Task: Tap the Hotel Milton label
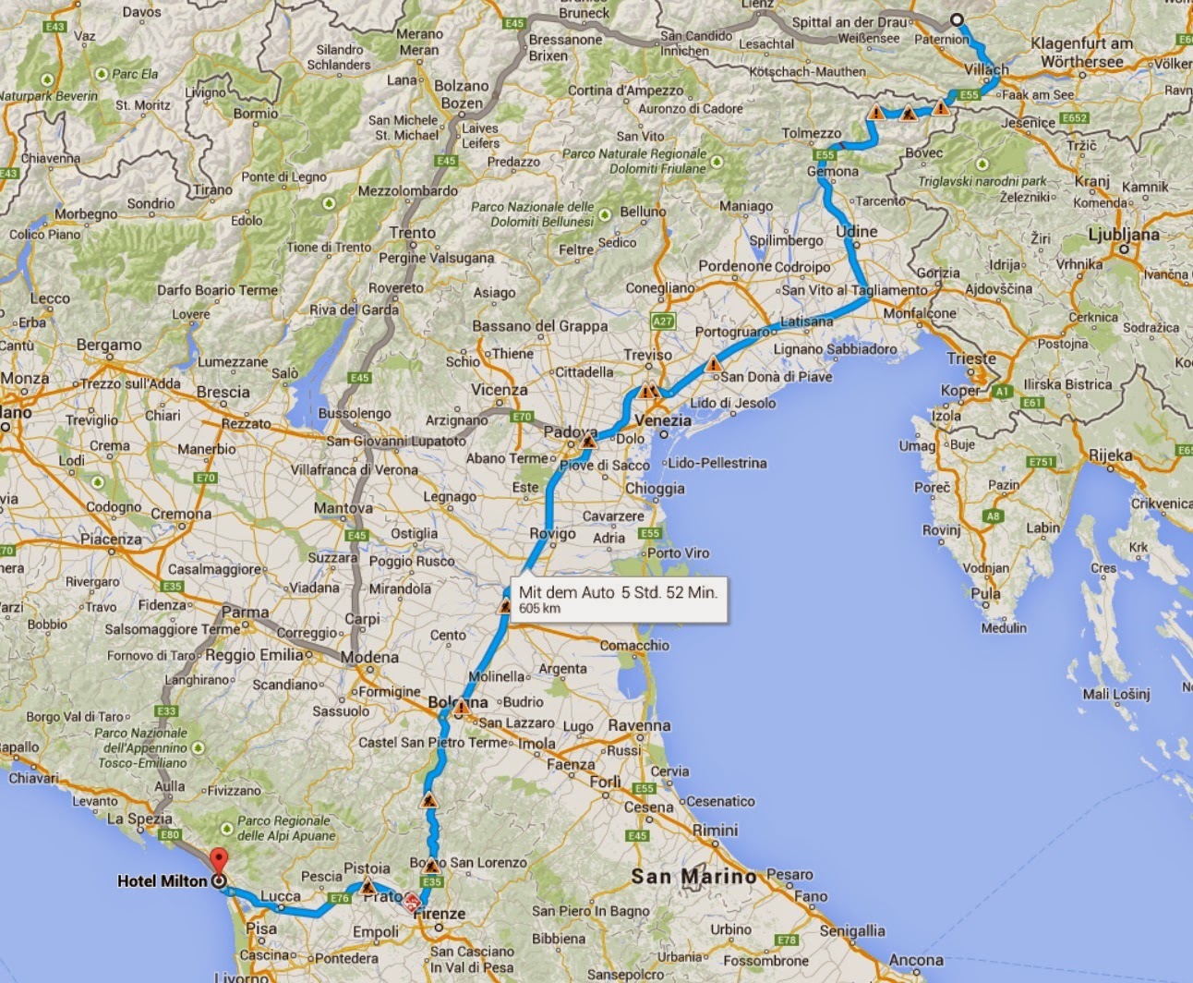click(x=163, y=881)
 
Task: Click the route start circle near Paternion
click(x=957, y=19)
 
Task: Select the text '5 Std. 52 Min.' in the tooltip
click(x=669, y=592)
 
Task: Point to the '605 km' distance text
click(x=539, y=609)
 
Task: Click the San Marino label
click(x=693, y=876)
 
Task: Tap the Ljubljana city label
click(x=1123, y=235)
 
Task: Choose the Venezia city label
click(x=663, y=420)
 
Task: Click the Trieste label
click(x=971, y=358)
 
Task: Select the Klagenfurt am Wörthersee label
click(x=1082, y=53)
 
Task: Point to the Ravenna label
click(x=639, y=725)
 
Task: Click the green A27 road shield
click(x=663, y=322)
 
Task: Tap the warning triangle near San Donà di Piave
click(x=713, y=365)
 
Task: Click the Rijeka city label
click(x=1111, y=455)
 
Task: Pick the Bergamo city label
click(x=109, y=345)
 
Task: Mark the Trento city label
click(x=412, y=232)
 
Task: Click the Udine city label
click(x=857, y=231)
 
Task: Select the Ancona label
click(x=917, y=960)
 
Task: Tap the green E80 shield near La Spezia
click(x=170, y=835)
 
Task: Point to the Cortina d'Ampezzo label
click(x=626, y=91)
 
